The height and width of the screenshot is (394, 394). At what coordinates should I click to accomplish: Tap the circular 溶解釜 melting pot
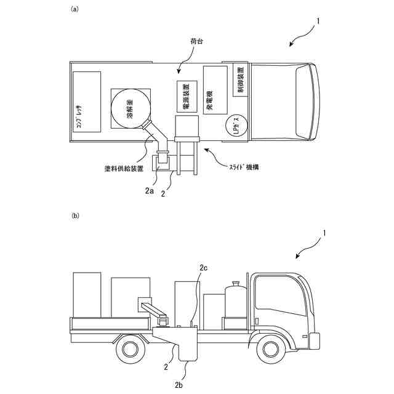click(131, 109)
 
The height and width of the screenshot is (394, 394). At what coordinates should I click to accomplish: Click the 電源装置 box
click(187, 97)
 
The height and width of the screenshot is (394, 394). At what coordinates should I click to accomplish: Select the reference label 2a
click(149, 191)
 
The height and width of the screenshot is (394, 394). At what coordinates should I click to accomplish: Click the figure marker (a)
click(74, 9)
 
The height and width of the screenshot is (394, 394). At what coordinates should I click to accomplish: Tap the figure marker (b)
click(74, 216)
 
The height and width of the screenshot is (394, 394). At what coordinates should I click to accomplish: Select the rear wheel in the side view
click(129, 349)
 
